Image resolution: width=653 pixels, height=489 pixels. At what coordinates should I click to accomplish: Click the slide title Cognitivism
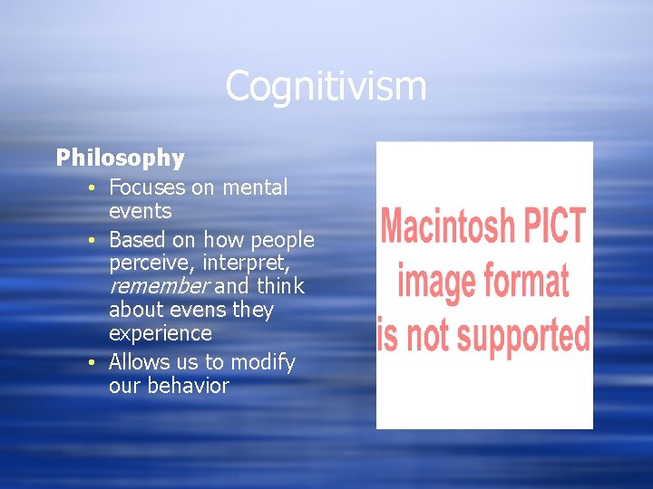[x=326, y=87]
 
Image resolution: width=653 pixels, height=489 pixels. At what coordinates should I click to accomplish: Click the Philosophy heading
[x=120, y=158]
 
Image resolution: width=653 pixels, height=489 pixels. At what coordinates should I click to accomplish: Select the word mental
[x=254, y=187]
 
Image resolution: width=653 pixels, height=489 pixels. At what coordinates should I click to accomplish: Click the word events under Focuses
[x=140, y=211]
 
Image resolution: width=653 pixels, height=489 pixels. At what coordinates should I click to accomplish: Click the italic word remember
[x=159, y=286]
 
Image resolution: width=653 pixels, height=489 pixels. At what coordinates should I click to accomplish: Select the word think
[x=280, y=286]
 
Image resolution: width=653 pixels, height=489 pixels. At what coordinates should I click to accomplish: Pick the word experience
[x=160, y=333]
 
